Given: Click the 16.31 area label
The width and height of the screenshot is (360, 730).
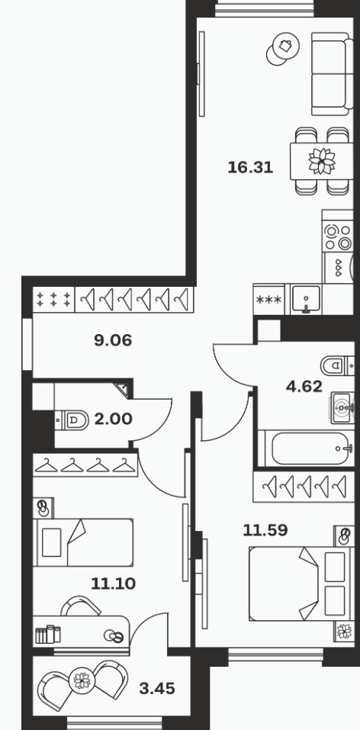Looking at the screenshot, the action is click(x=250, y=167).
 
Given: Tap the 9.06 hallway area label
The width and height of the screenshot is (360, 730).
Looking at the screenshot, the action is click(x=113, y=341).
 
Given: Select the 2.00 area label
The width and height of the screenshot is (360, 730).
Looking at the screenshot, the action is click(x=113, y=419).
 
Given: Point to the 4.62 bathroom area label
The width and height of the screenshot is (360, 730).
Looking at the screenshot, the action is click(x=304, y=387).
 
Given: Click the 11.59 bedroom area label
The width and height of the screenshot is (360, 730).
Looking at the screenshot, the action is click(x=265, y=530).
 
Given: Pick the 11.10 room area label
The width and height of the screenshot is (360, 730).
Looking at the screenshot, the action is click(x=113, y=584).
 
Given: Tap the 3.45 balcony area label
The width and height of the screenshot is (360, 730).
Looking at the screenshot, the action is click(x=157, y=688).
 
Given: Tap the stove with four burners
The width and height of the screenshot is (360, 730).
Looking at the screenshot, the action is click(x=338, y=237).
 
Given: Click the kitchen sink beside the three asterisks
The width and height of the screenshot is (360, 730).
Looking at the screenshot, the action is click(x=306, y=298).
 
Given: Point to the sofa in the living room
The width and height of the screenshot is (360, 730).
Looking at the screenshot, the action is click(x=332, y=74).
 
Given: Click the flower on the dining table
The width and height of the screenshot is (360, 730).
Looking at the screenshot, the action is click(x=322, y=161).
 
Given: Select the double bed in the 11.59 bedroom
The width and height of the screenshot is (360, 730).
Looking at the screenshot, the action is click(x=301, y=584).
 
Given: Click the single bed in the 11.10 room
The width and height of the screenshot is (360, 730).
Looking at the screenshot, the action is click(x=83, y=542).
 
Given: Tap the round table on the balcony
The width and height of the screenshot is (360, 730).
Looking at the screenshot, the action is click(x=82, y=680).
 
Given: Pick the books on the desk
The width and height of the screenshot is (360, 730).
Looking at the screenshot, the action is click(x=48, y=634).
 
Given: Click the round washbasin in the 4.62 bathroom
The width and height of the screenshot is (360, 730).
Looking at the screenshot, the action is click(x=343, y=408).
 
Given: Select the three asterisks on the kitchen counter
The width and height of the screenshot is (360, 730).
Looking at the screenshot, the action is click(x=269, y=299).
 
